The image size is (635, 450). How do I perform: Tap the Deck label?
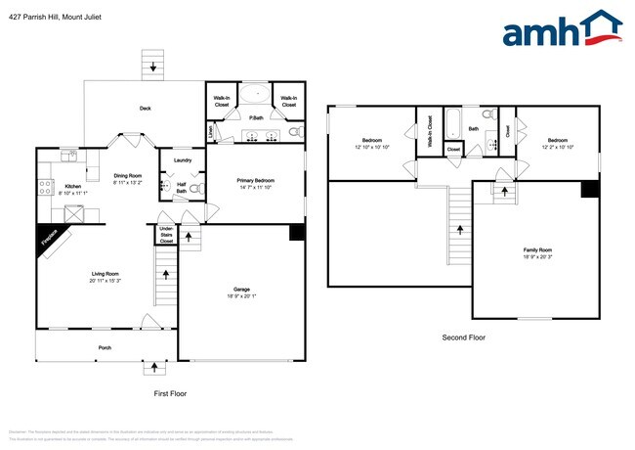coord(145,109)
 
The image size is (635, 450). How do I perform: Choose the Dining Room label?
coord(128,176)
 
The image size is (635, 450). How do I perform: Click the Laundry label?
coord(182,160)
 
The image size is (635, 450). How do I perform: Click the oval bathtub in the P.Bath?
coord(257,96)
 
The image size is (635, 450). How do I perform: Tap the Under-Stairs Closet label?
coord(166,236)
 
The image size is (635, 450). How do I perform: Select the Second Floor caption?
coord(462,337)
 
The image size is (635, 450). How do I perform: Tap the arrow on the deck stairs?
coord(150,67)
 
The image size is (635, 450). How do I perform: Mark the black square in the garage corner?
coord(297,233)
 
